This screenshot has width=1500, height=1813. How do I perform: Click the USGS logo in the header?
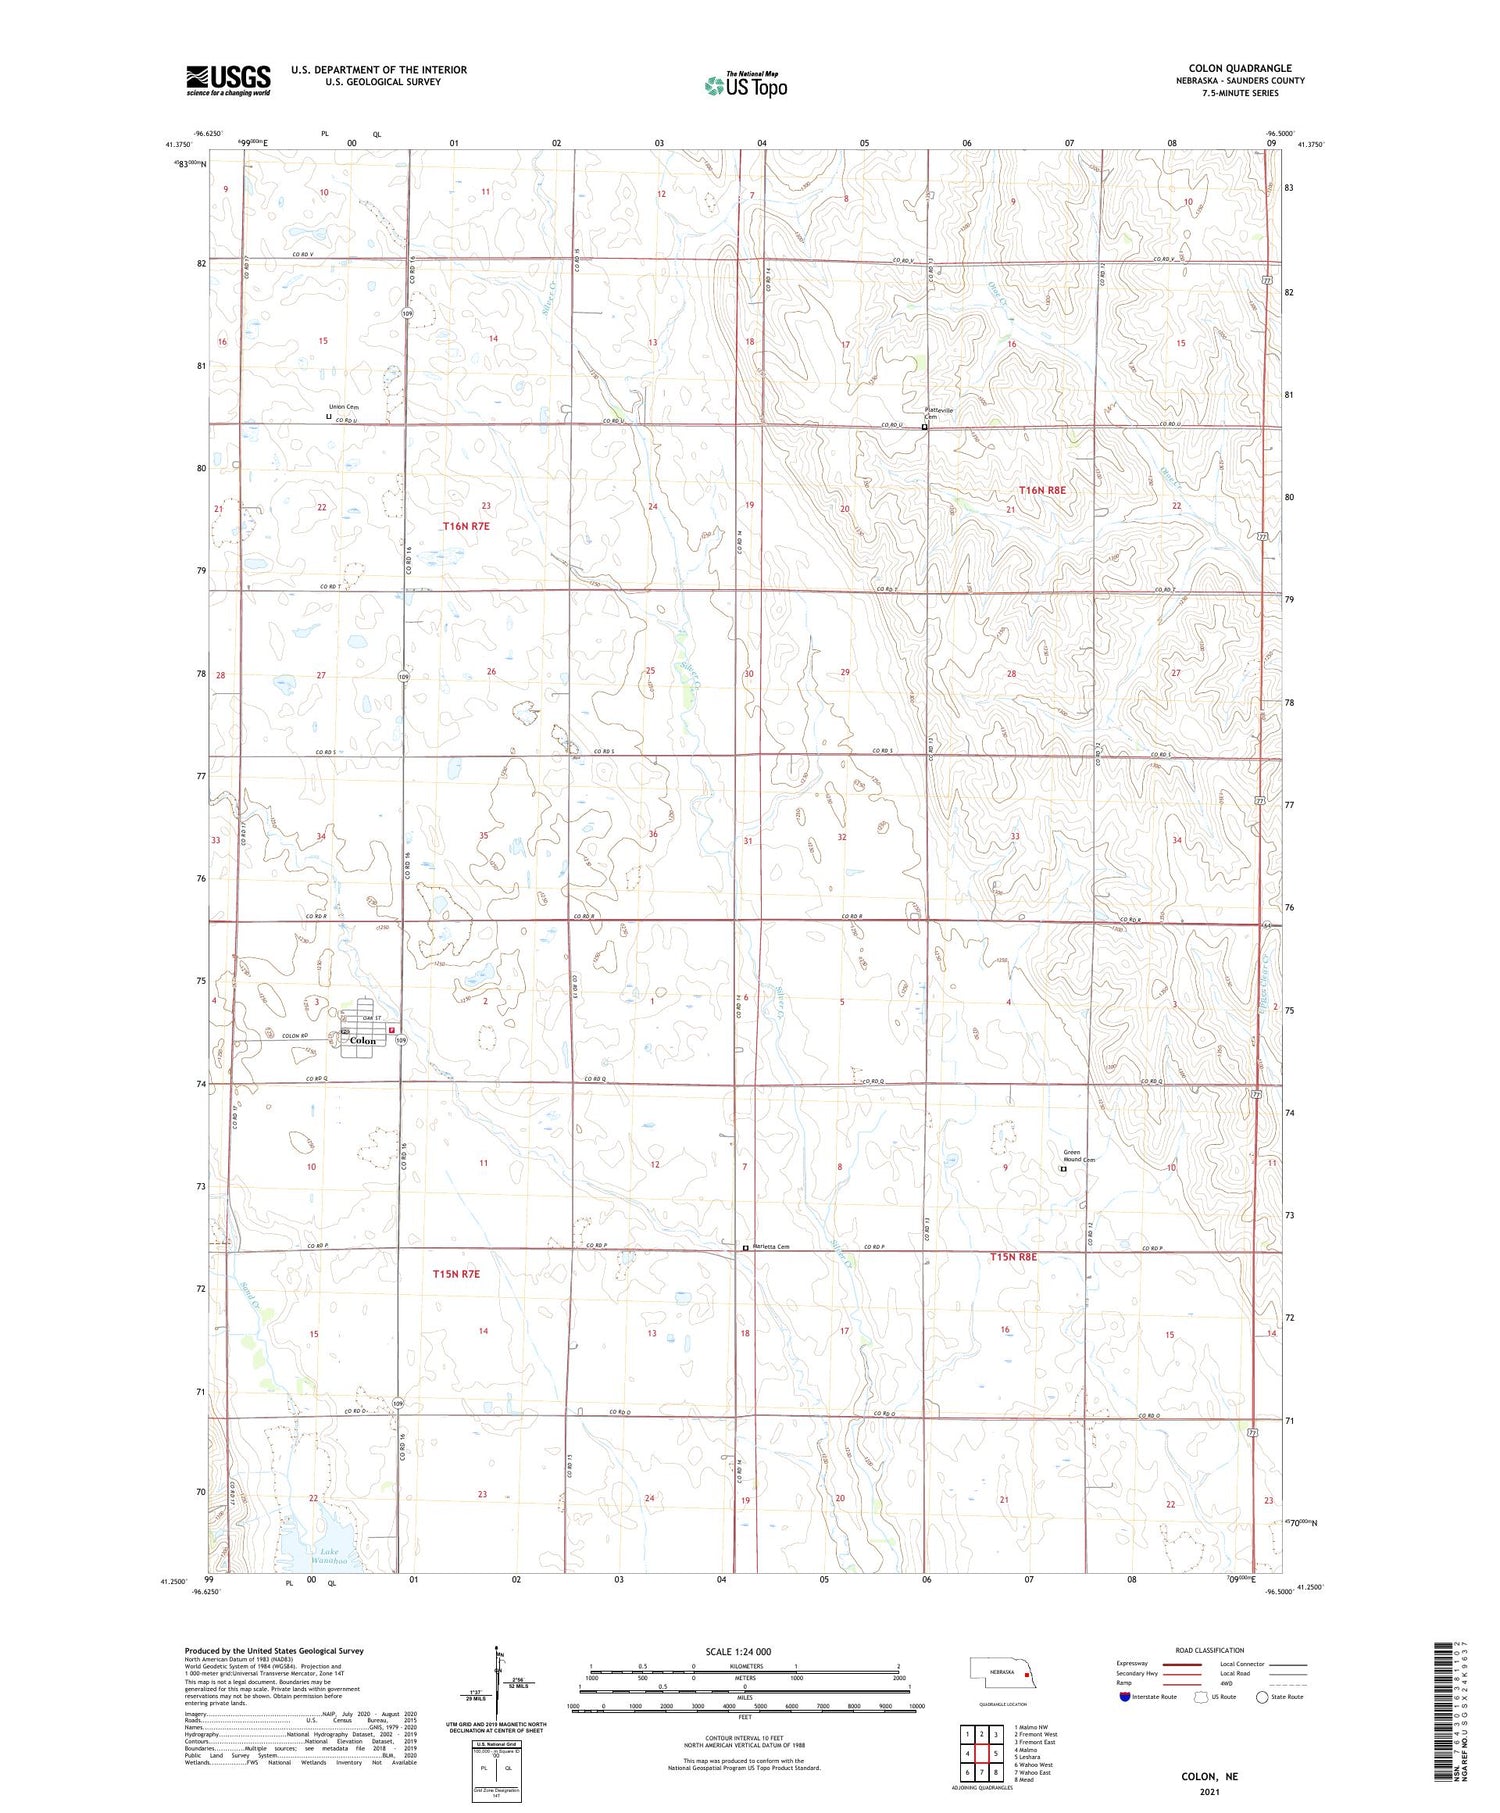tap(228, 80)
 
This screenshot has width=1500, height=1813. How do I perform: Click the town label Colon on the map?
tap(363, 1040)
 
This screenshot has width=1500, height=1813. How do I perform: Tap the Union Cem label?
tap(343, 407)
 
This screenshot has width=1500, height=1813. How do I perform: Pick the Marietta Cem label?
tap(771, 1246)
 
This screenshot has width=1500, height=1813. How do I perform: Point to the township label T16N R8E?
tap(1042, 490)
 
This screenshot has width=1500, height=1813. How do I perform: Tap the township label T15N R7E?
tap(456, 1274)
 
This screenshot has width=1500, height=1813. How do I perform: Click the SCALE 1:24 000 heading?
tap(738, 1651)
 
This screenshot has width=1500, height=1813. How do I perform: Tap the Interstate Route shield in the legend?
tap(1124, 1697)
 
